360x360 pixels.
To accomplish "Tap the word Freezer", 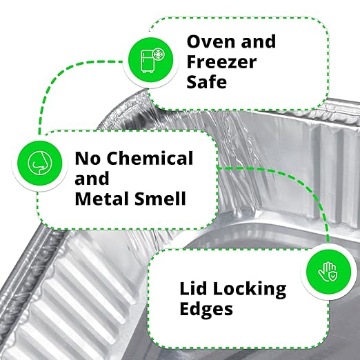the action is click(x=221, y=61).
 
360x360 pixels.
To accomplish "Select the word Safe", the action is click(x=207, y=82).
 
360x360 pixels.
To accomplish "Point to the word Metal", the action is click(x=103, y=198).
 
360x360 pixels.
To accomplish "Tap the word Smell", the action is click(x=160, y=198).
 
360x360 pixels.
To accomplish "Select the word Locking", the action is click(x=250, y=290).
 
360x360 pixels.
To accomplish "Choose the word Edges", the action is click(x=206, y=310).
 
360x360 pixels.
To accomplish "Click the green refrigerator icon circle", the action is click(x=150, y=60).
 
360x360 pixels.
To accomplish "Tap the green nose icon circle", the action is click(x=40, y=163).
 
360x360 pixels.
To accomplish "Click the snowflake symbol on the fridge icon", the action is click(x=158, y=55).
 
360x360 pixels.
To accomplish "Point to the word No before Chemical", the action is click(x=88, y=159).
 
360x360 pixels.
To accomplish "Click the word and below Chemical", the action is click(x=92, y=178).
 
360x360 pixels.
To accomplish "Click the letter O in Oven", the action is click(x=194, y=41).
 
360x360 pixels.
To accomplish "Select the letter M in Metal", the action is click(x=83, y=198).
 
